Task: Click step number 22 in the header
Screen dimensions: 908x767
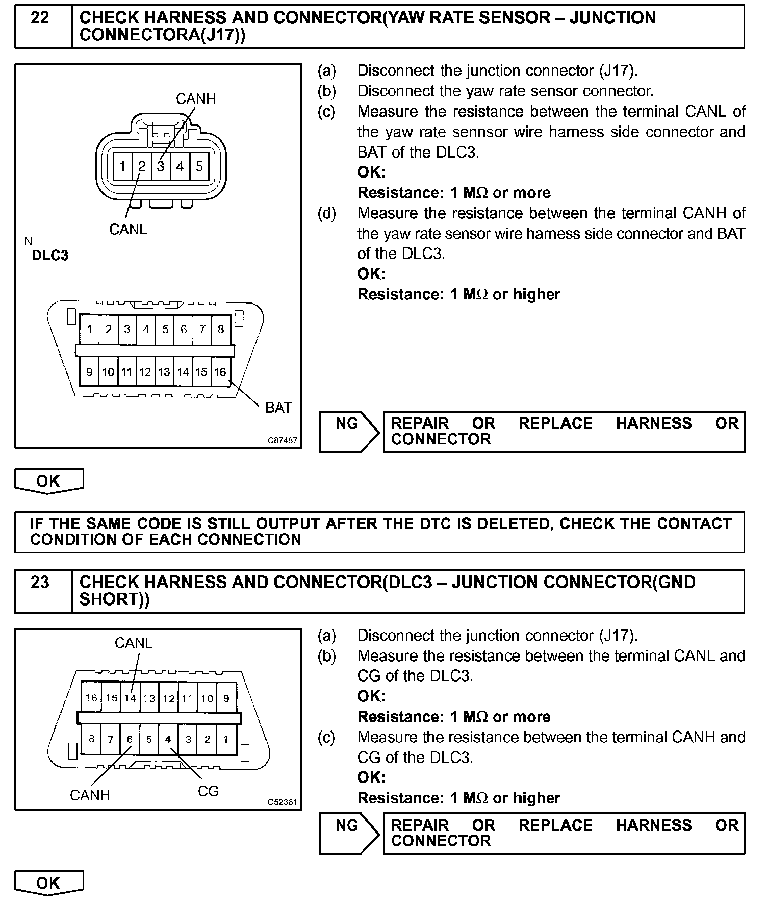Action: point(40,19)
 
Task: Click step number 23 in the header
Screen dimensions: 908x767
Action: point(40,583)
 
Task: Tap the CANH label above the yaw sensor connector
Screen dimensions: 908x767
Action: point(196,98)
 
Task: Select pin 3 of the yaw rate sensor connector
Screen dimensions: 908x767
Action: point(161,166)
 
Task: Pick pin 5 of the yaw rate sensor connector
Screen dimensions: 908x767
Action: point(199,166)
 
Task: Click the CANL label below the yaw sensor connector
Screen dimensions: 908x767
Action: point(128,230)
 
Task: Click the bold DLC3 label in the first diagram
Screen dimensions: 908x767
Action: point(50,256)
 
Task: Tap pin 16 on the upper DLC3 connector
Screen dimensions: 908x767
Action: point(220,372)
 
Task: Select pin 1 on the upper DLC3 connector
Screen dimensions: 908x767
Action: point(90,329)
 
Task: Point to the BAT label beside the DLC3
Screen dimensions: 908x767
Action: point(278,408)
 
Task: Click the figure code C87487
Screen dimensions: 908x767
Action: point(283,440)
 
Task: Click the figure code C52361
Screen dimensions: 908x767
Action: point(283,802)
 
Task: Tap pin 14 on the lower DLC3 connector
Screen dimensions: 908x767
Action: point(131,698)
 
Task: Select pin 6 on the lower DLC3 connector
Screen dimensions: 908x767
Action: point(130,739)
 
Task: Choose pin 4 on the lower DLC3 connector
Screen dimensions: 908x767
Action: point(168,739)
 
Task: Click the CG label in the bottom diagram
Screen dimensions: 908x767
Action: point(208,791)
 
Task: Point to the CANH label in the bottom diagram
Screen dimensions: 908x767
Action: point(90,795)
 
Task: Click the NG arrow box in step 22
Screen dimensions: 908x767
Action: point(348,432)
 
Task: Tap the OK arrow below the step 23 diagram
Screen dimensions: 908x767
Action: point(48,883)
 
